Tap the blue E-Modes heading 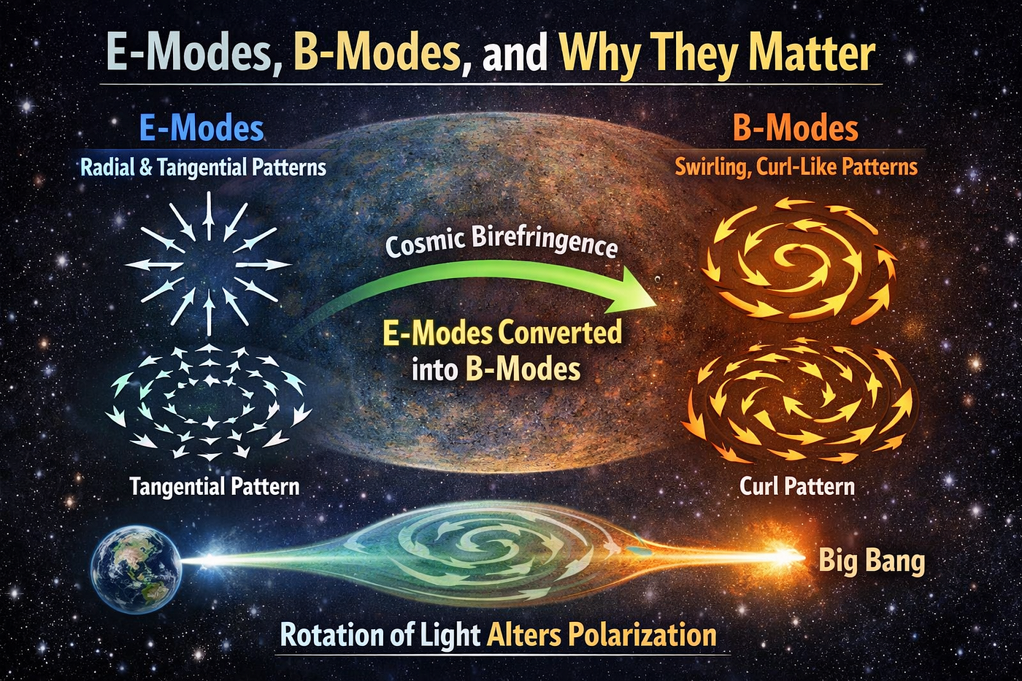(201, 128)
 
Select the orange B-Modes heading (795, 128)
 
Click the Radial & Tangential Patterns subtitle (203, 167)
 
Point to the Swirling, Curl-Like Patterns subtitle (796, 167)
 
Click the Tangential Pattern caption (215, 486)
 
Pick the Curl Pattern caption (796, 486)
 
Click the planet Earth (137, 572)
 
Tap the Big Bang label (872, 561)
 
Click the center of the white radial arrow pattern (209, 264)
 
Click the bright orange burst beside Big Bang (784, 556)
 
